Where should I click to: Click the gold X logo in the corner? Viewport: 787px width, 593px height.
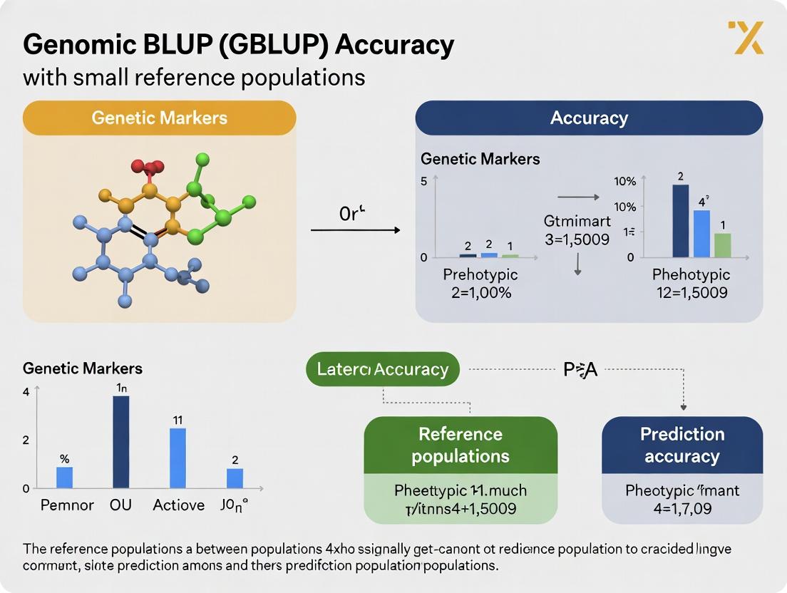click(x=746, y=37)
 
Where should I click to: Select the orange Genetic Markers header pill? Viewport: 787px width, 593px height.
click(x=159, y=118)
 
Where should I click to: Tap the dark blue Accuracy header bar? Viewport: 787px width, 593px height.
click(x=589, y=118)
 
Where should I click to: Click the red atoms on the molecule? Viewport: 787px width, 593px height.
click(x=147, y=169)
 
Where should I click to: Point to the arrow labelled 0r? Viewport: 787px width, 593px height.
click(x=355, y=230)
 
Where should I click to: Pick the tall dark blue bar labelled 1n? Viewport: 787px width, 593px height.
click(x=121, y=442)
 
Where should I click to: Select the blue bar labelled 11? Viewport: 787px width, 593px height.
click(x=178, y=458)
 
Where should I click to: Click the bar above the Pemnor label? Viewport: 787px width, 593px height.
click(x=65, y=478)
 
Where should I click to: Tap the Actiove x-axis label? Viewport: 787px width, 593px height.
click(x=178, y=505)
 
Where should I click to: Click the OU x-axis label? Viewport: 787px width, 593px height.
click(x=120, y=505)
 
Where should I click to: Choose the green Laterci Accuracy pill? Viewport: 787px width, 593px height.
click(x=383, y=369)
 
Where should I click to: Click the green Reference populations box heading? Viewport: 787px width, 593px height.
click(x=461, y=445)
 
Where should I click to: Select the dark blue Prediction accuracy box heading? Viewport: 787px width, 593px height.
click(x=682, y=445)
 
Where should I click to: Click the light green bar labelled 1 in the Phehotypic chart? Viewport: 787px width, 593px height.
click(x=722, y=244)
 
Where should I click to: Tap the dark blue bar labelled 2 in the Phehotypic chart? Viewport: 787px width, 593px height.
click(x=681, y=220)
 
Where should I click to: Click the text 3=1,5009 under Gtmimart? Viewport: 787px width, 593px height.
click(x=577, y=240)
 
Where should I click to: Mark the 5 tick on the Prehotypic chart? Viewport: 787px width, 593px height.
click(x=423, y=180)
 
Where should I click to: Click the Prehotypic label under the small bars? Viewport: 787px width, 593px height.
click(x=480, y=274)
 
